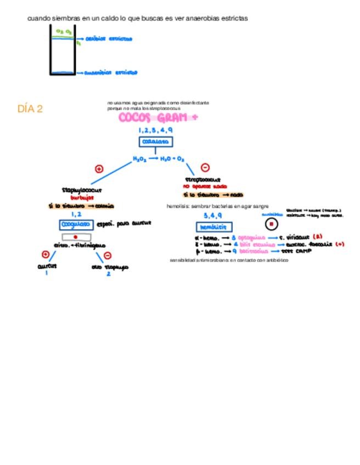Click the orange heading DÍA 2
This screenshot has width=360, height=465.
point(30,109)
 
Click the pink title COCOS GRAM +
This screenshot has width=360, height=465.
point(157,117)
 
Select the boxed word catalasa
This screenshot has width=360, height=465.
point(155,142)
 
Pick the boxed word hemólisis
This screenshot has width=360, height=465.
point(213,226)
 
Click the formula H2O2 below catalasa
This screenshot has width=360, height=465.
point(140,159)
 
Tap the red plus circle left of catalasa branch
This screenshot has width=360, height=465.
point(99,169)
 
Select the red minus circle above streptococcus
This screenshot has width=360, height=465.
point(205,168)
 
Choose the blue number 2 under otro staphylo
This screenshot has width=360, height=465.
point(109,274)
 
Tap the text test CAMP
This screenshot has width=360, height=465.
point(296,251)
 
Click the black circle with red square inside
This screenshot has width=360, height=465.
point(271,224)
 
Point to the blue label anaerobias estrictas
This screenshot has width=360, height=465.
point(110,72)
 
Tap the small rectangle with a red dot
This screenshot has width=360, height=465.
point(75,237)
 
